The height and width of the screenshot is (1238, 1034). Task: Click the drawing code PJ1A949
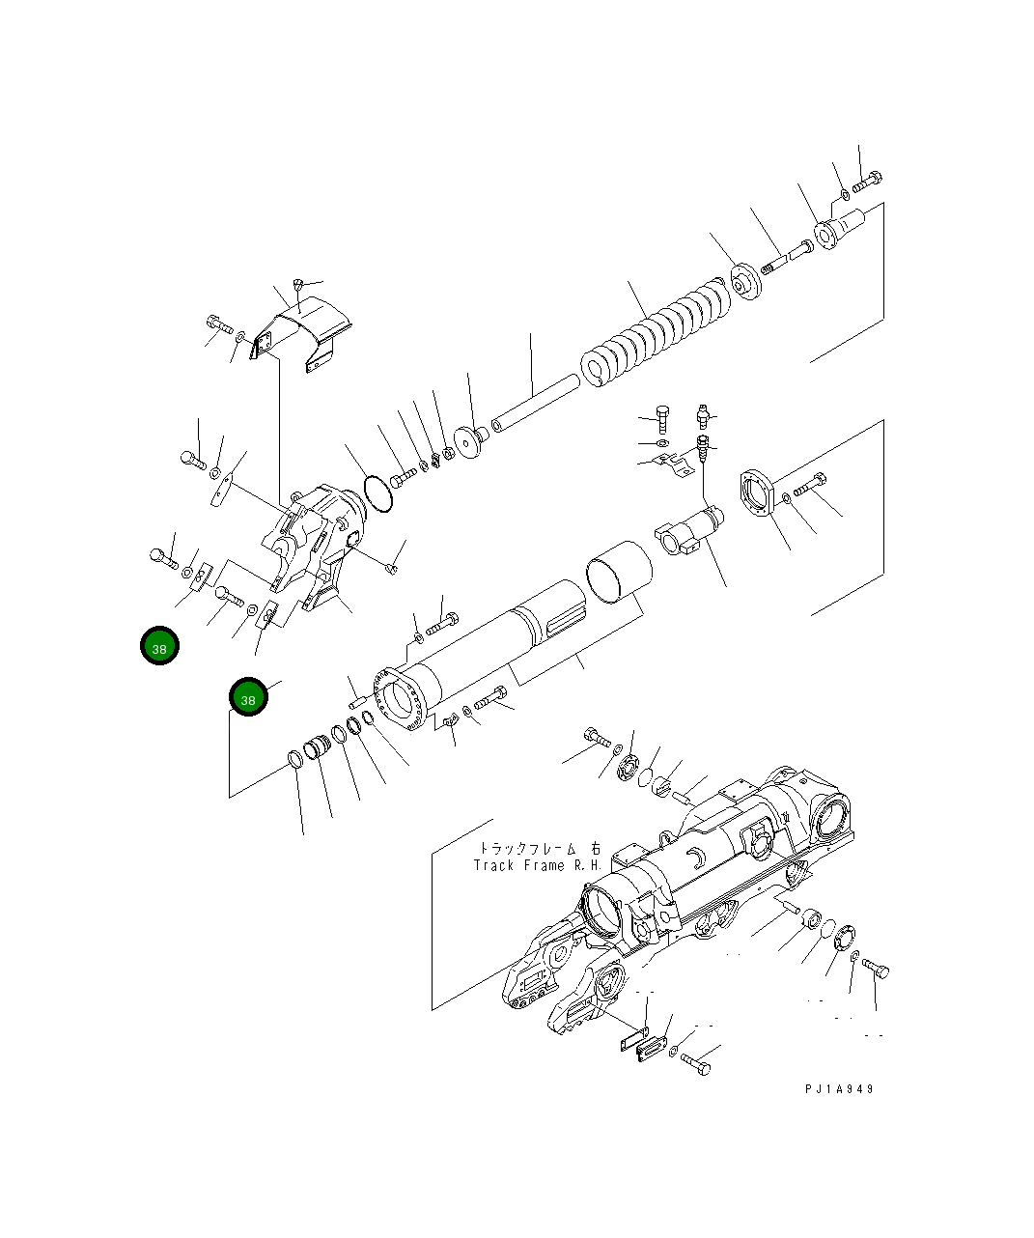(839, 1088)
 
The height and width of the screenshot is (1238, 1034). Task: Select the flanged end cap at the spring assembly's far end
(837, 233)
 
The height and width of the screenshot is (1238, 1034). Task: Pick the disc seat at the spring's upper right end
(743, 281)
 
